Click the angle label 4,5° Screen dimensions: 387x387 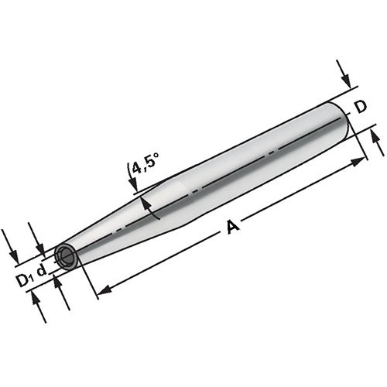click(x=145, y=164)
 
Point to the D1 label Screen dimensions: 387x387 click(x=25, y=280)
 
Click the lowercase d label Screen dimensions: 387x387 click(x=42, y=270)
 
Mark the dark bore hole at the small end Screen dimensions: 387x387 click(x=66, y=256)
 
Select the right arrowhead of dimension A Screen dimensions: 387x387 click(x=359, y=162)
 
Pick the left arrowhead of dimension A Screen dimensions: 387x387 click(x=104, y=290)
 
